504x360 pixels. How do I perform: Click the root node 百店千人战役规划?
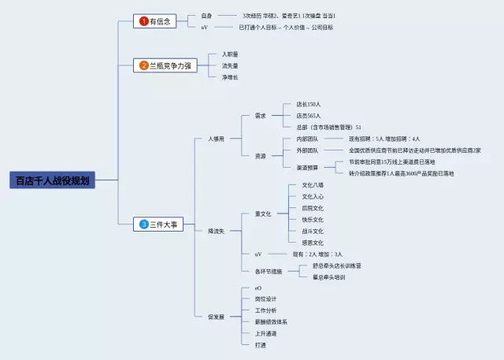(53, 180)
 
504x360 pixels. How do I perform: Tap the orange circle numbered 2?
(144, 65)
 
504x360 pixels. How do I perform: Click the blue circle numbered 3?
(144, 225)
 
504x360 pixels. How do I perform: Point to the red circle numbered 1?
(144, 21)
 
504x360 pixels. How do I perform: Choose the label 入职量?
(230, 54)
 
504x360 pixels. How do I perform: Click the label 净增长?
(230, 76)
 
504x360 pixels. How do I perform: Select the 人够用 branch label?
(217, 139)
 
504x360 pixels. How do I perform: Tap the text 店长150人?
(309, 104)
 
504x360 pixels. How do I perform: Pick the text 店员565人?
(309, 115)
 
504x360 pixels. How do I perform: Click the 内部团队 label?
(308, 139)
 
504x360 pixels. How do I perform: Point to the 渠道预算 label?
(308, 167)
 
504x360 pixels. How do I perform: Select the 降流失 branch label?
(217, 231)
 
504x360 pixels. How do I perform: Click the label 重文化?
(263, 213)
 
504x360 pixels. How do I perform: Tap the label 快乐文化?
(313, 220)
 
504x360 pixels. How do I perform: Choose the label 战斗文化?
(313, 231)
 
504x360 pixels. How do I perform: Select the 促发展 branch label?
(217, 317)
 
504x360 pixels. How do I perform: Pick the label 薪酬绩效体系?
(271, 322)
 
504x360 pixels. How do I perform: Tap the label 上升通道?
(265, 333)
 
